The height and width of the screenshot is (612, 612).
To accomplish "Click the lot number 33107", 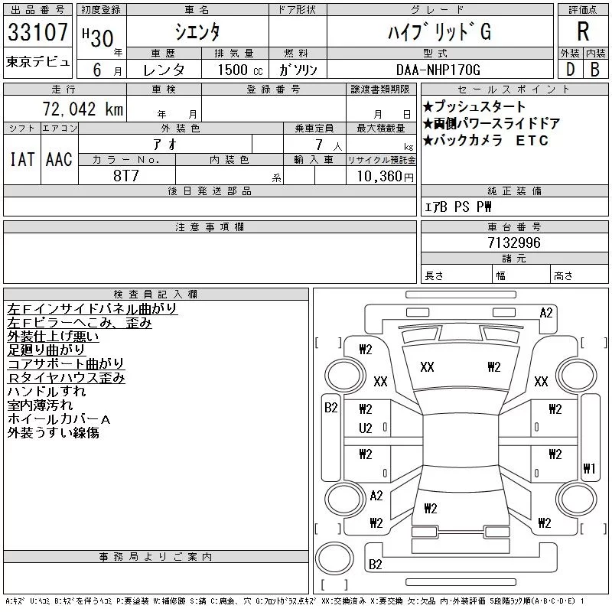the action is coord(37,32).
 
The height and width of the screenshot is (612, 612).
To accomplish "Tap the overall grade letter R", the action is coord(583,31).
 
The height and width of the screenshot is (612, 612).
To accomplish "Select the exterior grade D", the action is coord(570,70).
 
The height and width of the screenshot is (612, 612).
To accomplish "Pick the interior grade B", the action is coord(595,70).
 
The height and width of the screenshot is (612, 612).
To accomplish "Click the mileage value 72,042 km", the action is coord(83,109).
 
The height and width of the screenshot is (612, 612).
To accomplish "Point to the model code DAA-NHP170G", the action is coord(438,70).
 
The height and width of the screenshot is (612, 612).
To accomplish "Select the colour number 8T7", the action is coord(125,176).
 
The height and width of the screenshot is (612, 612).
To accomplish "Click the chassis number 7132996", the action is coord(514,243).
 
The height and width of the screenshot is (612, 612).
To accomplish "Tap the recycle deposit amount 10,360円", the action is coord(386,176).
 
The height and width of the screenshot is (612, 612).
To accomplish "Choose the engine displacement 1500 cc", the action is coord(240,70).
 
